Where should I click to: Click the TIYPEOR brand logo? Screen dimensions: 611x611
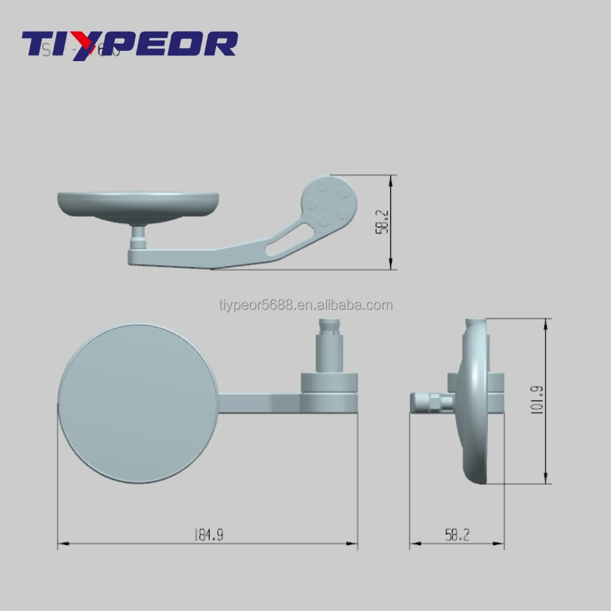click(129, 44)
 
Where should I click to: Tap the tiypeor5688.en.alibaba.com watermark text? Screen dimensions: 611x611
click(305, 305)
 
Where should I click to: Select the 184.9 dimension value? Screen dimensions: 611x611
click(208, 535)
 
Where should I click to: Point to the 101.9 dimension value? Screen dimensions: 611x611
click(537, 401)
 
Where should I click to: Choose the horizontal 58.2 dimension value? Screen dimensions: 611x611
click(457, 535)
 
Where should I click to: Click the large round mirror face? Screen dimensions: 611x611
click(137, 403)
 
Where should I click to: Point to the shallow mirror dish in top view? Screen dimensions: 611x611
click(138, 206)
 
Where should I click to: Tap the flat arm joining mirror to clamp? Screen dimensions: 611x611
click(260, 403)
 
